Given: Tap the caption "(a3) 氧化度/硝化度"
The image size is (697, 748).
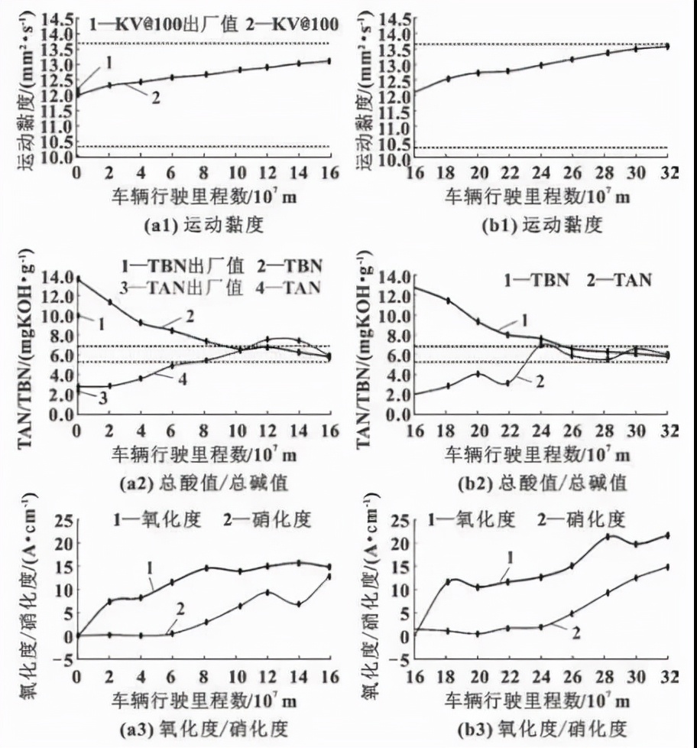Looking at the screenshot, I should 175,727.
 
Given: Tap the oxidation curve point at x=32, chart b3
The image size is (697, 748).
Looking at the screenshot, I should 667,535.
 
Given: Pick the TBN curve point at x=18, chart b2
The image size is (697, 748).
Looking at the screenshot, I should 448,301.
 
